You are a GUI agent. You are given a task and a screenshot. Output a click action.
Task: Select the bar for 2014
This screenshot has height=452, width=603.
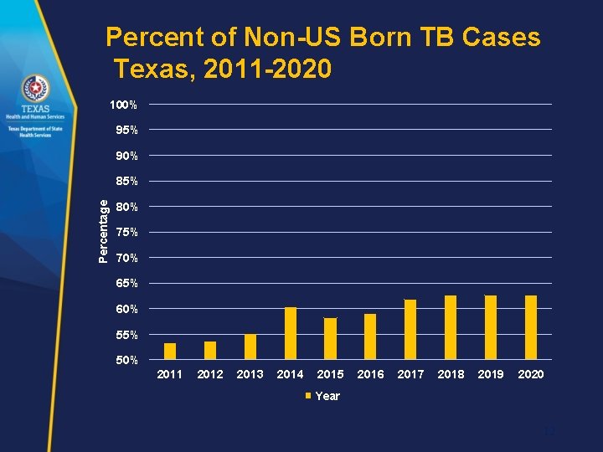291,333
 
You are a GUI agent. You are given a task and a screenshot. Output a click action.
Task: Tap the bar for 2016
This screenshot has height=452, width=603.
370,336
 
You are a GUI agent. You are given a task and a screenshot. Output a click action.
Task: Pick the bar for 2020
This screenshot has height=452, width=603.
531,327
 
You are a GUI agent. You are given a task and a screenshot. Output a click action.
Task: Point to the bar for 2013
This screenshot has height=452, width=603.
250,347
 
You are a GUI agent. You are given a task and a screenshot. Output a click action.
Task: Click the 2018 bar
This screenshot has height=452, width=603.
451,327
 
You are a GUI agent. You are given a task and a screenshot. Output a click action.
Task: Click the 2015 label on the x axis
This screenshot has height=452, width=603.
330,374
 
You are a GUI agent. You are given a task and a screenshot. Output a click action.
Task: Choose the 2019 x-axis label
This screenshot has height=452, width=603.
491,374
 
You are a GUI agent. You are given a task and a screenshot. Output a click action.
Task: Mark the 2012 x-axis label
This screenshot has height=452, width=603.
209,374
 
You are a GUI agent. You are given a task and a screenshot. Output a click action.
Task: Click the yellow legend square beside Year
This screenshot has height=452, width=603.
307,396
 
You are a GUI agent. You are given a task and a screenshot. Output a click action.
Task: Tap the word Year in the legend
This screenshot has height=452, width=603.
327,396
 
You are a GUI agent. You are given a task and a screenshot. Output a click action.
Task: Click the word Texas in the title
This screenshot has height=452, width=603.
152,67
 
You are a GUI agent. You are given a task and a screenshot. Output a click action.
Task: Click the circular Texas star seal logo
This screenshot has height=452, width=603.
35,88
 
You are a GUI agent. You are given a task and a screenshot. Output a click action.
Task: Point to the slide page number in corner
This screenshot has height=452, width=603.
549,432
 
